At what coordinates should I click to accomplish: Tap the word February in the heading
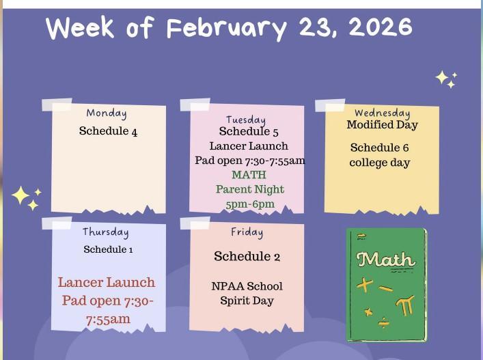(x=228, y=29)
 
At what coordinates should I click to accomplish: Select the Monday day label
(x=107, y=113)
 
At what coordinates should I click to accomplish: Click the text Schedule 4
(x=108, y=131)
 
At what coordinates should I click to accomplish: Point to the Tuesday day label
(x=246, y=120)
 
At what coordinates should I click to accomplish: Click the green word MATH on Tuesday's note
(x=249, y=175)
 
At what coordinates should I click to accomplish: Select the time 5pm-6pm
(x=249, y=204)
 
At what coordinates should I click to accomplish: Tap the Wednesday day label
(x=382, y=113)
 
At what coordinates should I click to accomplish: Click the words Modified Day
(x=382, y=125)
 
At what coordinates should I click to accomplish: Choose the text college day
(x=379, y=163)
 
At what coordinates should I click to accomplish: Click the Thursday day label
(x=106, y=232)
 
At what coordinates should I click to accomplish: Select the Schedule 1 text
(x=108, y=249)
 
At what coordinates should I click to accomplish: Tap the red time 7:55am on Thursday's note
(x=108, y=319)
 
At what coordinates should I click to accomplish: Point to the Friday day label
(x=247, y=232)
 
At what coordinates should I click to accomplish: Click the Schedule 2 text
(x=247, y=257)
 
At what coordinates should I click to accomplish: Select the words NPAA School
(x=247, y=286)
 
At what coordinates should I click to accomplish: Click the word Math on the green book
(x=386, y=260)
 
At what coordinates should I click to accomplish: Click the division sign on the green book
(x=384, y=322)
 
